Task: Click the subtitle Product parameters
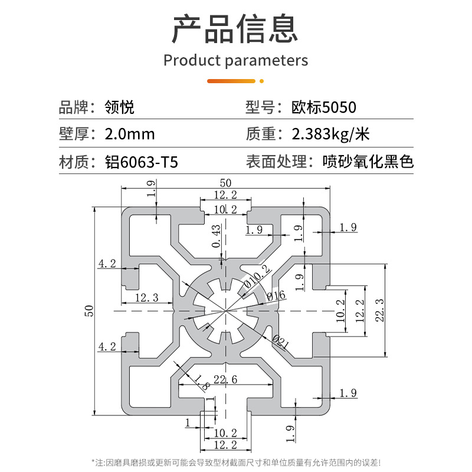point(235,60)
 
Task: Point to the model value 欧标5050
point(324,107)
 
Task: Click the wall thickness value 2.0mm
point(129,134)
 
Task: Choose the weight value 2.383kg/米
point(330,134)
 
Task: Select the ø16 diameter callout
point(276,295)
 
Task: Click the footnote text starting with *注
point(236,461)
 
